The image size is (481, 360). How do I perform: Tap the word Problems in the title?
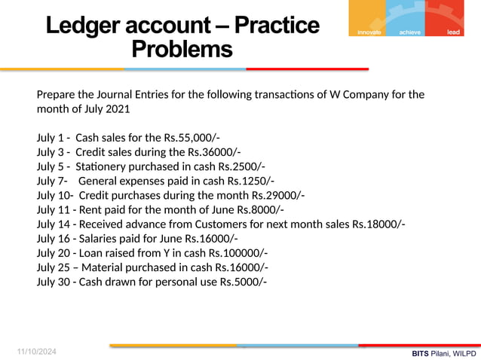[182, 50]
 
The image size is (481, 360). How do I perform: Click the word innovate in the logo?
[368, 32]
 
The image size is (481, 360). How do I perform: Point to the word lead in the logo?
[453, 32]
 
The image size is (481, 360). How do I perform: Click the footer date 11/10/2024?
[37, 352]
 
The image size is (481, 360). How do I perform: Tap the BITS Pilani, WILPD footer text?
[444, 352]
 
